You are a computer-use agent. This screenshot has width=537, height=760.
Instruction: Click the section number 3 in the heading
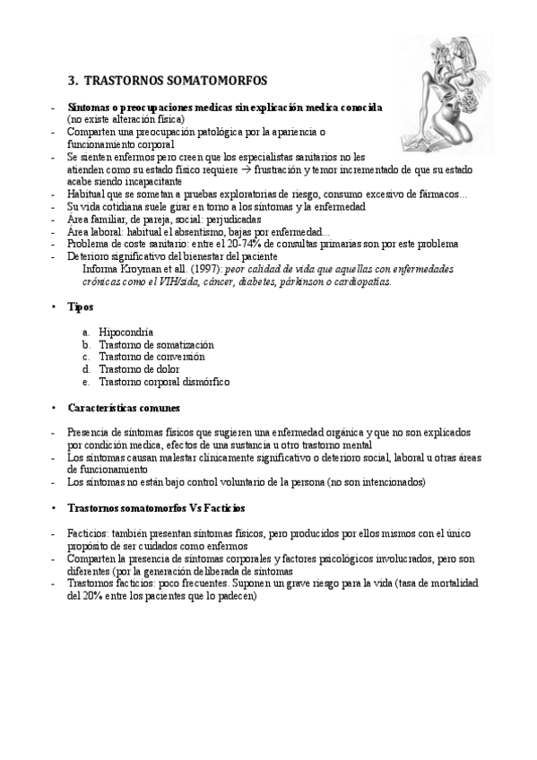click(x=72, y=81)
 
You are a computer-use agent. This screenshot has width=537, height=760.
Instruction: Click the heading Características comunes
click(x=123, y=407)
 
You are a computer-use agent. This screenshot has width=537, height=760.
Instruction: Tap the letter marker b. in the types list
click(x=85, y=344)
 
